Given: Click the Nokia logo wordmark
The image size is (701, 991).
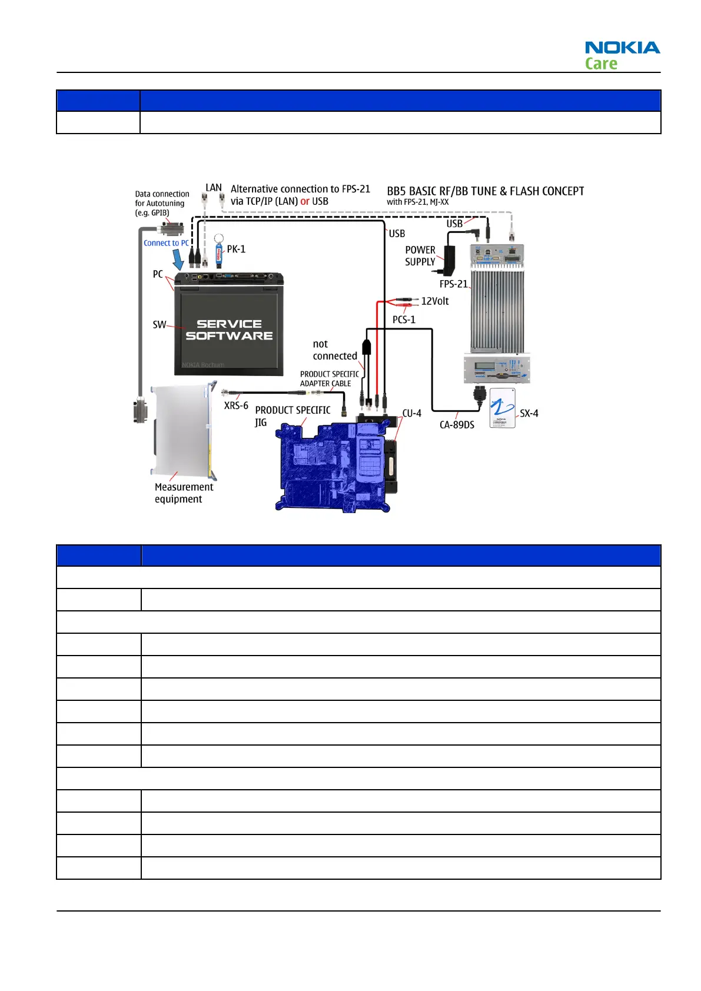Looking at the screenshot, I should point(622,48).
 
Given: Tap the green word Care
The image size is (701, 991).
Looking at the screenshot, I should point(601,64).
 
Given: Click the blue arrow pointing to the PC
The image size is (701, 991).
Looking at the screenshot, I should point(178,259).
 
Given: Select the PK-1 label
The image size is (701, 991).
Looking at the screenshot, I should point(236,249).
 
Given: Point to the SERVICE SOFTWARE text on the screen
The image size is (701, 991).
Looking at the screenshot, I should point(229,330).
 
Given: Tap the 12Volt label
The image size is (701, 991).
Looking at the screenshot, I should point(434,301).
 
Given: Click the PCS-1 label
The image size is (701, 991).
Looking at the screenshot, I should point(404,320).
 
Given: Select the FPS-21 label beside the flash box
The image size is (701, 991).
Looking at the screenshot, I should point(453,284).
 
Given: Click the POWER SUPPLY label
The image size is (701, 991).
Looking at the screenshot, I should point(420,256).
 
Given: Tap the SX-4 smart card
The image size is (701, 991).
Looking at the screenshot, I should point(502,407).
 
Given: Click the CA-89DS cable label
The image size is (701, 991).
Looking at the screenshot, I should point(457,425).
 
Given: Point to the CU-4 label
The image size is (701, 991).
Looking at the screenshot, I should point(411,413).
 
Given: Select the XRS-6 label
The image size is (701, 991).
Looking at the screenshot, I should point(236,405).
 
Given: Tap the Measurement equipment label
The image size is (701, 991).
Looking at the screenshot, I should point(184,493).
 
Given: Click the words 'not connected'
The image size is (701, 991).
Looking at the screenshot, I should point(334,350).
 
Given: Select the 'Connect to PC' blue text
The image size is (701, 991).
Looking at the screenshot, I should point(166,243).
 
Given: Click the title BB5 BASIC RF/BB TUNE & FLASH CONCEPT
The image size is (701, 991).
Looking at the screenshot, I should point(485,191).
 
